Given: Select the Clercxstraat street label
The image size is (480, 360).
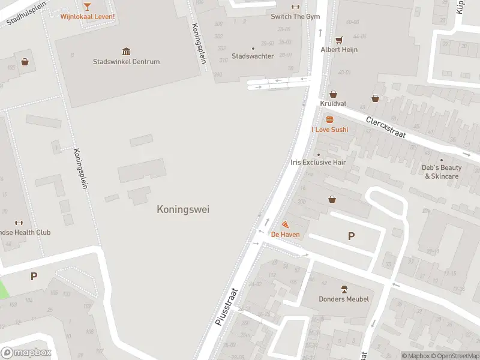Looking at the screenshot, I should [x=386, y=126].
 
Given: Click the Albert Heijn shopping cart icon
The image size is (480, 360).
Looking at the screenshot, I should [x=339, y=40].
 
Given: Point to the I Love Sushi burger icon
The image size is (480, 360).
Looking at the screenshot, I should [x=329, y=119].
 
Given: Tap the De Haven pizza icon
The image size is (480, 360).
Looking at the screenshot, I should [x=285, y=224].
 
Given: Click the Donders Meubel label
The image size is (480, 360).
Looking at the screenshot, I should [x=344, y=299].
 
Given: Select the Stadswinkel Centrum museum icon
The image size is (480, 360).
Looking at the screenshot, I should [x=126, y=52].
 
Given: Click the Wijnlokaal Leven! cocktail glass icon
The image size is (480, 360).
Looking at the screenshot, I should [x=87, y=6].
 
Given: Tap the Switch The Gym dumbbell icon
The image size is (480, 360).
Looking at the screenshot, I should [x=295, y=7].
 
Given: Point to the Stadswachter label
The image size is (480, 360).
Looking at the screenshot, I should [x=253, y=56].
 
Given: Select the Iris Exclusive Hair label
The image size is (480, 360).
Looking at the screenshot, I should [x=318, y=162].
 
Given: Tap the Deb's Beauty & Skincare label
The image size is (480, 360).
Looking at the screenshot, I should [x=442, y=172].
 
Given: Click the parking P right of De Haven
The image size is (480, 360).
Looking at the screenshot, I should [x=351, y=236].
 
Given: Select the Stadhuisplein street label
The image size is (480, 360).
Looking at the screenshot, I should [x=26, y=14].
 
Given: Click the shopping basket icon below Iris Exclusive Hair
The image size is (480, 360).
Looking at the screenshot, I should [x=331, y=199].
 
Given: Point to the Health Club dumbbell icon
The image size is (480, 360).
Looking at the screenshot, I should [x=18, y=223].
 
